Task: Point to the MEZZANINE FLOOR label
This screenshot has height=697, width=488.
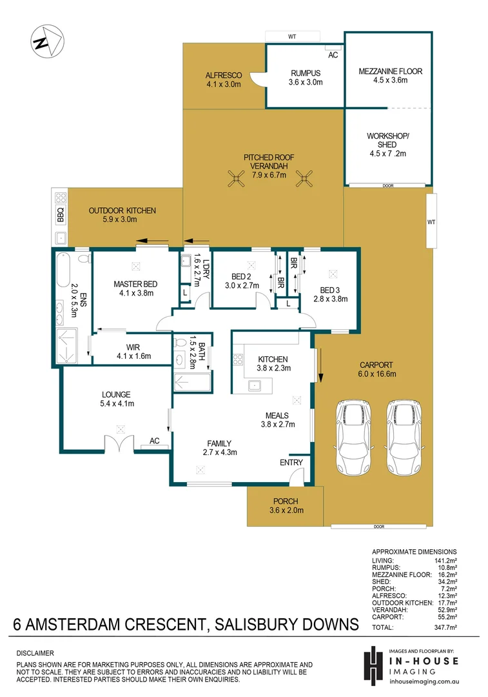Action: coord(391,71)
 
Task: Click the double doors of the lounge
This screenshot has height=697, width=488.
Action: coord(120,444)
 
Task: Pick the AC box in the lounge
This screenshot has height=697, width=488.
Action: coord(155,441)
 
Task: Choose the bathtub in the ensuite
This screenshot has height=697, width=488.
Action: coord(63,270)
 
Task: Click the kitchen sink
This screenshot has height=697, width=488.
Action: coord(255,385)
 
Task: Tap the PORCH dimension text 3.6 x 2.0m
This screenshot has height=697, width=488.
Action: coord(286,510)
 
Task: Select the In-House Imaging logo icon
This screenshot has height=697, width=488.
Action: coord(373,664)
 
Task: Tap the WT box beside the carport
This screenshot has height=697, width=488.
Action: coord(431,221)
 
